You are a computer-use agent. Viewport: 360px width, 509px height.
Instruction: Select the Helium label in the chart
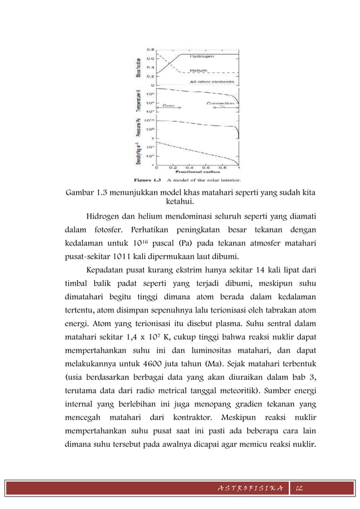(x=198, y=71)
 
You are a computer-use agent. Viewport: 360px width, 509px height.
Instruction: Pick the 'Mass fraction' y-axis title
(x=138, y=67)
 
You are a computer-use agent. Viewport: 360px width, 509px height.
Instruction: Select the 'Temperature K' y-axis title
(x=138, y=99)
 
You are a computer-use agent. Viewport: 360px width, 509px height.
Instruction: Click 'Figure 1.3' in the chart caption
(x=146, y=181)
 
